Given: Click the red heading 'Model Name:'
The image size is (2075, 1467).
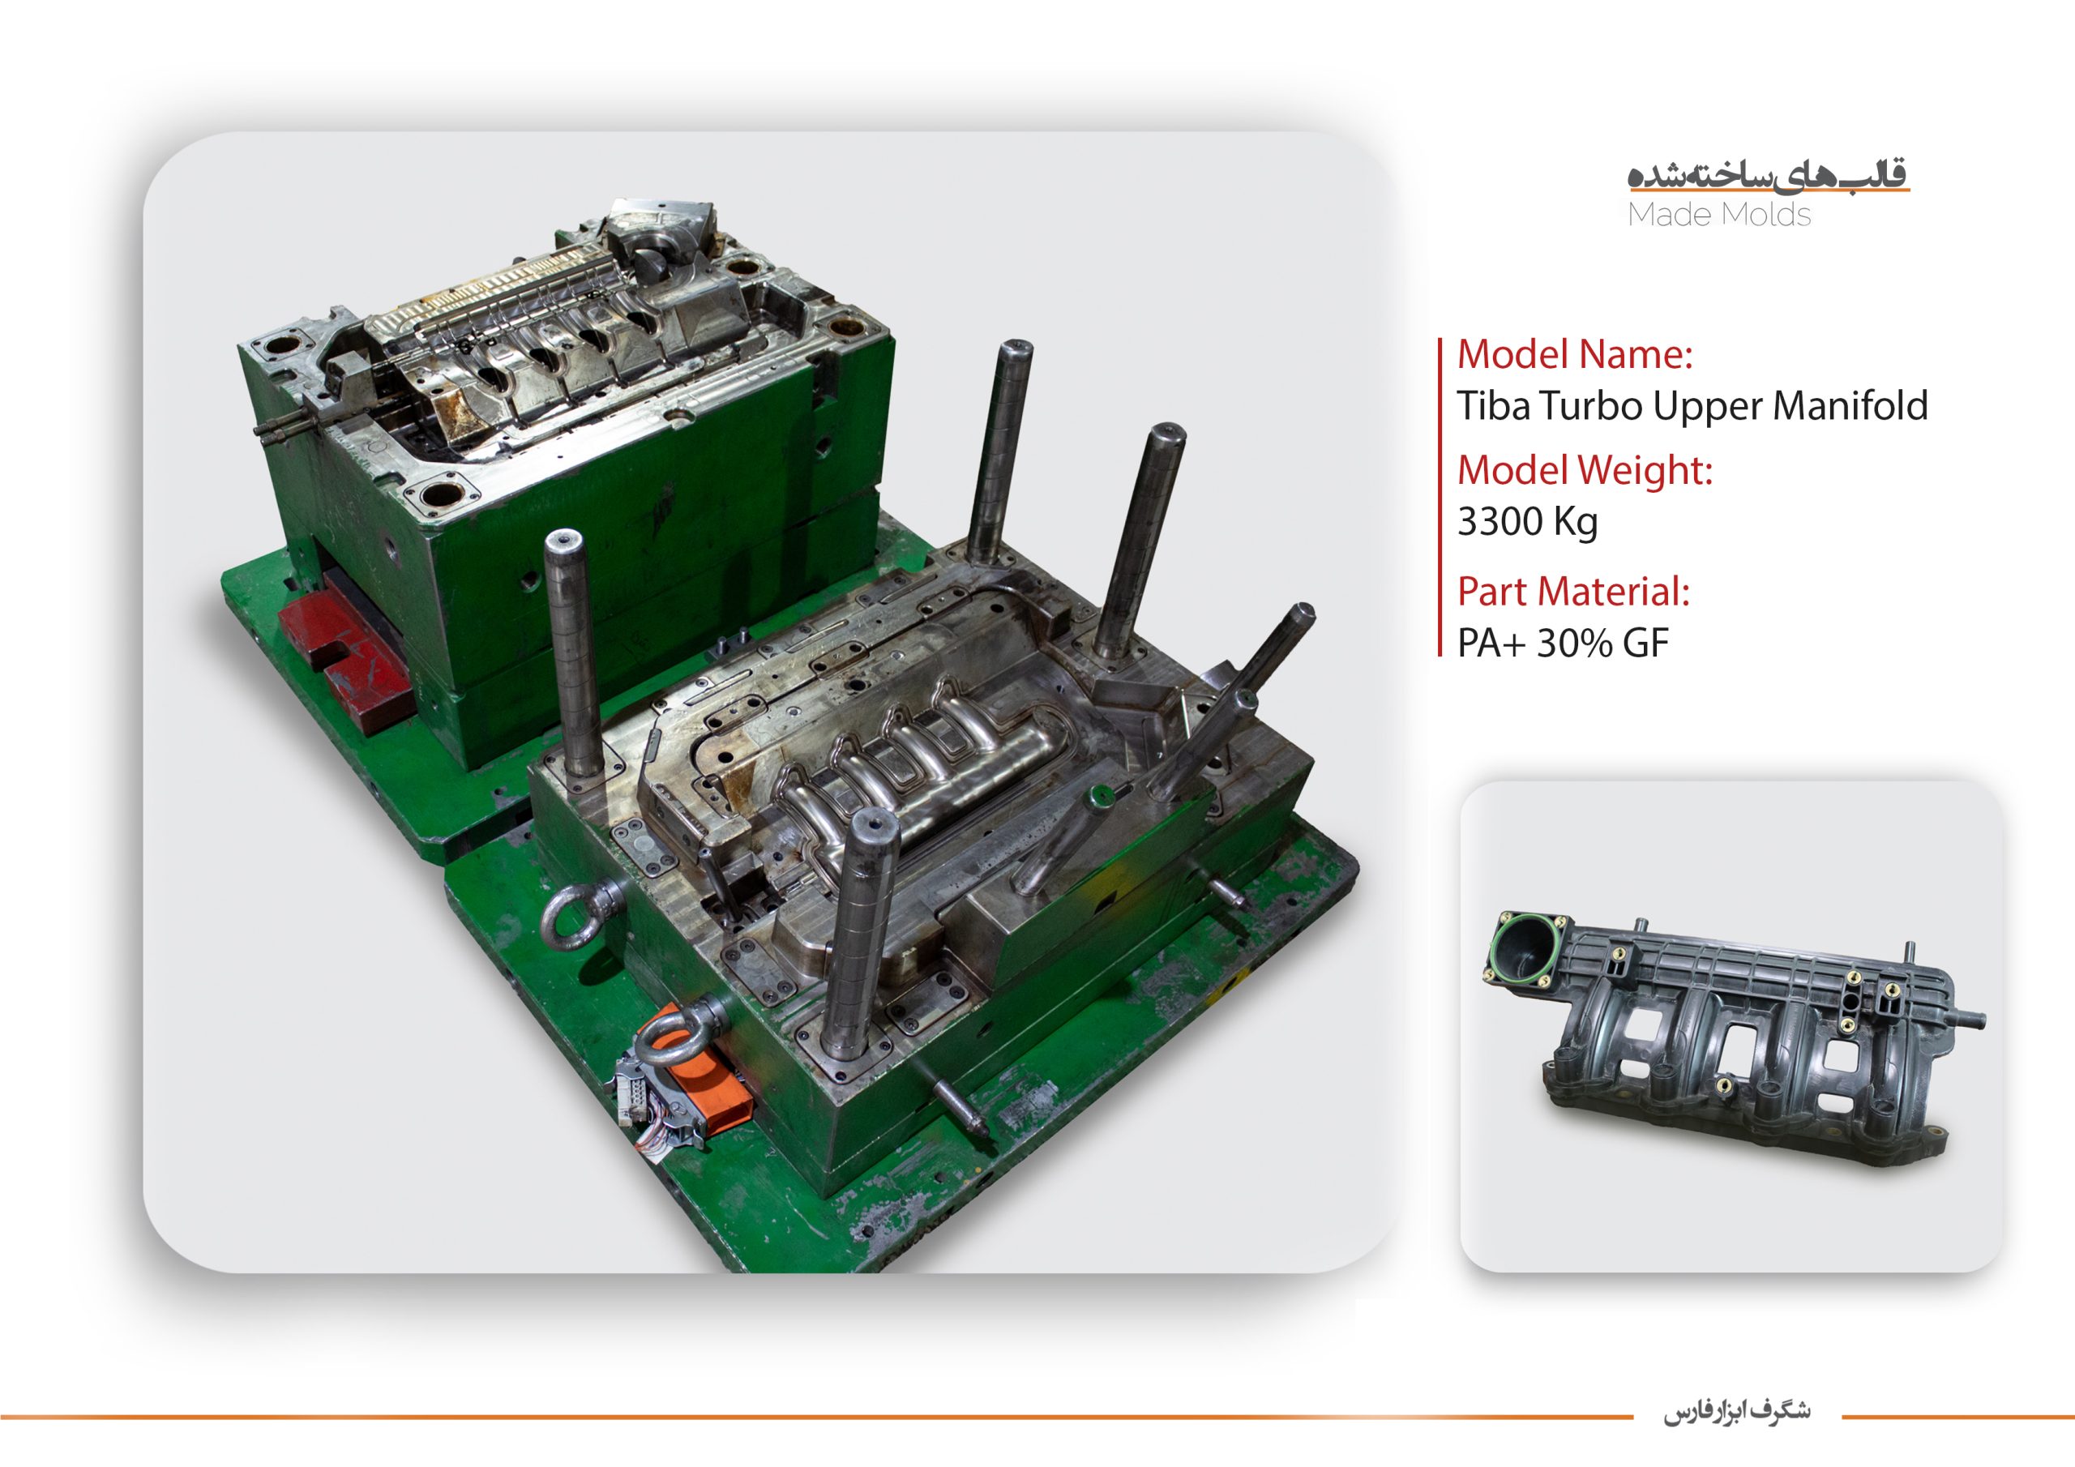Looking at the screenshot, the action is pos(1574,354).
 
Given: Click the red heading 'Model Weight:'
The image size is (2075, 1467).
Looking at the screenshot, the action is pos(1585,471).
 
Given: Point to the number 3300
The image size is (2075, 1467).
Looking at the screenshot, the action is pos(1500,521).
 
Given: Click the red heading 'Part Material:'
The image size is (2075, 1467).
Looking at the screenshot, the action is pos(1572,592).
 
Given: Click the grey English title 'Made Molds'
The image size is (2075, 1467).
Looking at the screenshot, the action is pos(1719,215).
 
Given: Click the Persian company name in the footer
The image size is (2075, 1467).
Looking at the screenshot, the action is pos(1737,1411).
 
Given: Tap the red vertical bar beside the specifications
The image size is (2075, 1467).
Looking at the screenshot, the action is pos(1440,497).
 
